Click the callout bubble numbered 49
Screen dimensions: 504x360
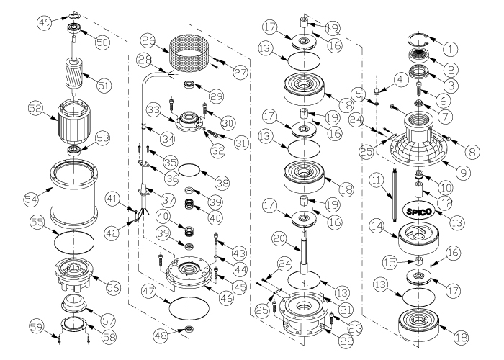tap(44, 22)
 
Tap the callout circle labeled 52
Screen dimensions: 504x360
tap(36, 108)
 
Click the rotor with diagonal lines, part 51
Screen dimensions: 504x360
tap(75, 74)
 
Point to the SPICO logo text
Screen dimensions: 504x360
tap(418, 211)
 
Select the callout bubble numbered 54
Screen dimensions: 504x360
tap(32, 199)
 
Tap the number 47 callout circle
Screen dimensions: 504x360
tap(148, 292)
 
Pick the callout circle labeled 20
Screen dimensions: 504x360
tap(279, 240)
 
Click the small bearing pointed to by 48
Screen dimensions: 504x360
tap(189, 328)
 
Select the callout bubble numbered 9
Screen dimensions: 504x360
tap(463, 174)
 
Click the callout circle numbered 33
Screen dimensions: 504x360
tap(155, 110)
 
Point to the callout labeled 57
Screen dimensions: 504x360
tap(108, 320)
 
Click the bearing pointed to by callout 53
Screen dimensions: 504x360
tap(75, 150)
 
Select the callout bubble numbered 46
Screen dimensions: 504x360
tap(225, 298)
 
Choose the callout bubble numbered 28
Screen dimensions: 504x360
tap(144, 60)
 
